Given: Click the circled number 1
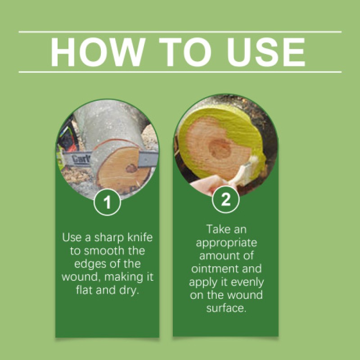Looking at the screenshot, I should (x=107, y=203).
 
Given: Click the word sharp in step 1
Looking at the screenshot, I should (x=104, y=238).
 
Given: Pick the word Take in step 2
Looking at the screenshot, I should (x=219, y=229).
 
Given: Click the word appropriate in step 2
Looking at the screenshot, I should (x=225, y=243).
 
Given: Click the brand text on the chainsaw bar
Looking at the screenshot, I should (x=81, y=158).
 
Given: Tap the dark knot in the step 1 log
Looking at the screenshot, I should (x=131, y=168).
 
